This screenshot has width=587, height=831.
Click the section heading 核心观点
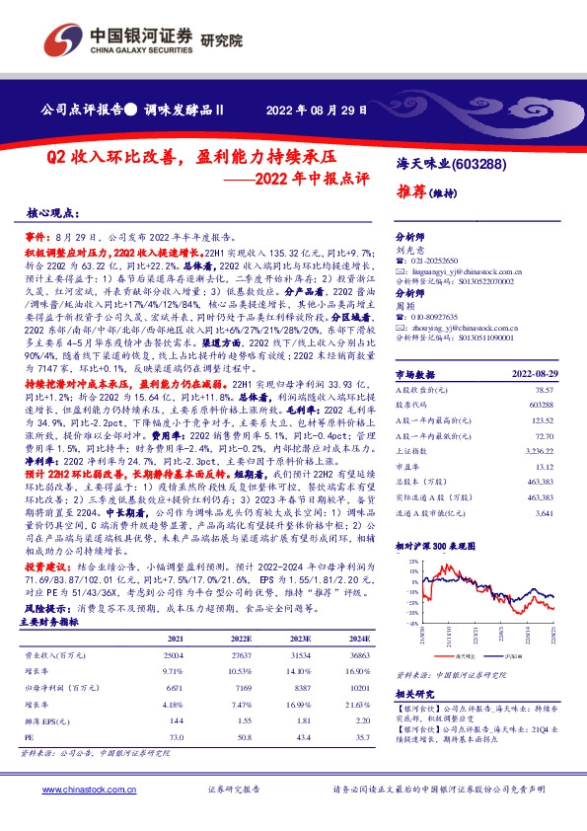point(51,213)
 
